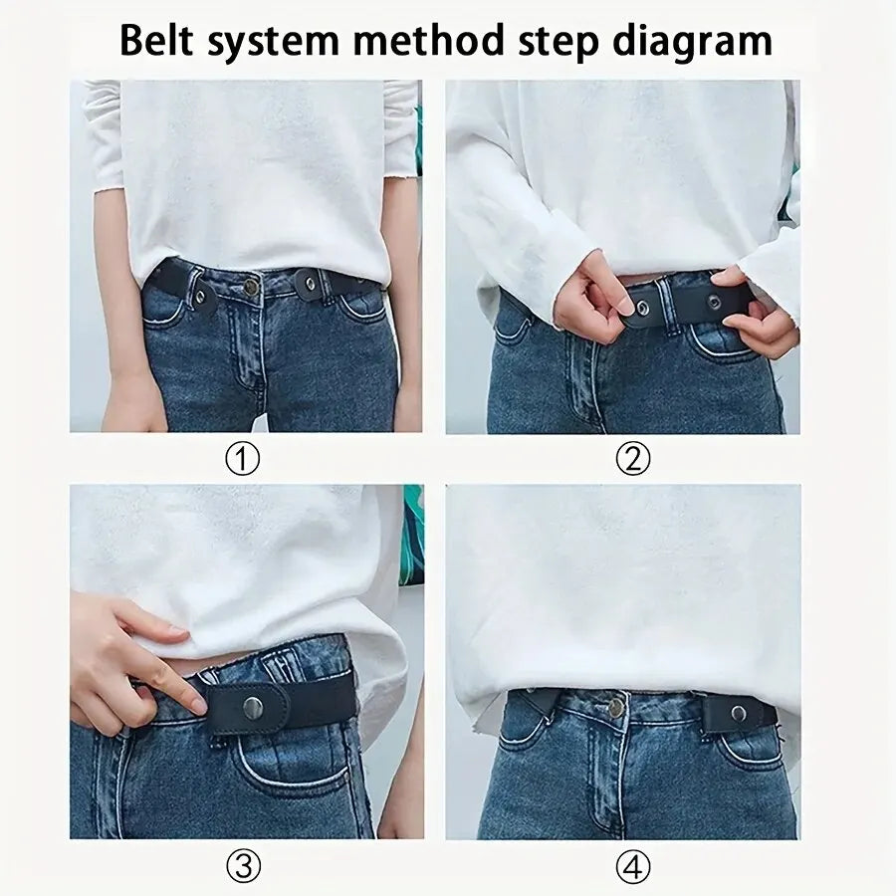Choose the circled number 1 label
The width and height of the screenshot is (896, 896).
click(242, 459)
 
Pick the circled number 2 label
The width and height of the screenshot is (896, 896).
click(632, 459)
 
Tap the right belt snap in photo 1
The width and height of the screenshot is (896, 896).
click(312, 285)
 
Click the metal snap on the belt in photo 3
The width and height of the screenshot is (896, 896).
click(253, 707)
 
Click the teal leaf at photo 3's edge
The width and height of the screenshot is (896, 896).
click(412, 538)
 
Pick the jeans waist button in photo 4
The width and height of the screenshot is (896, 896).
click(616, 708)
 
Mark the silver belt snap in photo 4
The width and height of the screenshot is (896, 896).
click(738, 713)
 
